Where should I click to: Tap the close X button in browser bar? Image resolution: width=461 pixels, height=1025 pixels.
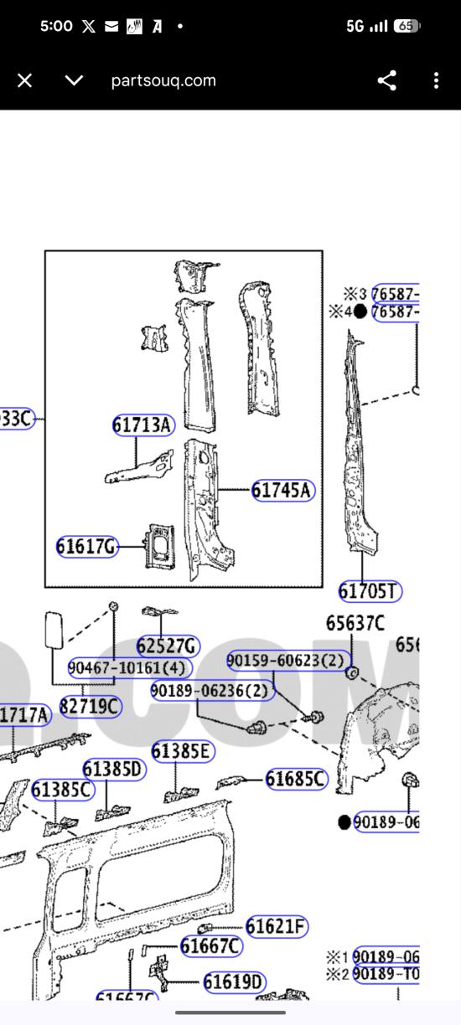tap(24, 80)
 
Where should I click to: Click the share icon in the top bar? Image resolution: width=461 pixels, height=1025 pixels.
tap(386, 80)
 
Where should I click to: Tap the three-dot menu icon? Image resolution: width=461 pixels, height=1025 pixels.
tap(436, 80)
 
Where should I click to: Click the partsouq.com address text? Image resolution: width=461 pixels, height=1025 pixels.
tap(163, 80)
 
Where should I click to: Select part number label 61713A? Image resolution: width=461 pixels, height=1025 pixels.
tap(142, 425)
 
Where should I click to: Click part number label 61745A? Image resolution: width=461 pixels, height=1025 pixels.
tap(282, 491)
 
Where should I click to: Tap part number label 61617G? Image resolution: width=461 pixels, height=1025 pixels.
tap(86, 547)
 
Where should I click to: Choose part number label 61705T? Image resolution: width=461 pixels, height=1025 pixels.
tap(370, 591)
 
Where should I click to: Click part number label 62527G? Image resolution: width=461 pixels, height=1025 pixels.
tap(168, 646)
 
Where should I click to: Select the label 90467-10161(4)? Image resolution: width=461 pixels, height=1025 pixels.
tap(130, 667)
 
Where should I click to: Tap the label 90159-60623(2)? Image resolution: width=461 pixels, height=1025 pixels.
tap(286, 661)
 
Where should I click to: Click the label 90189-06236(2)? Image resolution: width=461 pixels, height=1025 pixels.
tap(212, 691)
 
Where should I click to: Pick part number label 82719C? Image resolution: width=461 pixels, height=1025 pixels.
tap(90, 707)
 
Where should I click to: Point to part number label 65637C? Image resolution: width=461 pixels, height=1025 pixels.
tap(355, 623)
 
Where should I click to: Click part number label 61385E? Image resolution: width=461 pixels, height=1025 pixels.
tap(182, 751)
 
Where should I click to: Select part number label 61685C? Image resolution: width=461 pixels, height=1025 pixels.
tap(296, 780)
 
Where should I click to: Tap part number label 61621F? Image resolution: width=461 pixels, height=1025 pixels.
tap(277, 926)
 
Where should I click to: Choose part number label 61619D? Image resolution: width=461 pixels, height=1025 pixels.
tap(234, 981)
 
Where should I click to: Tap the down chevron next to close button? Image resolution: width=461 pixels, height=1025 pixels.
tap(75, 80)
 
